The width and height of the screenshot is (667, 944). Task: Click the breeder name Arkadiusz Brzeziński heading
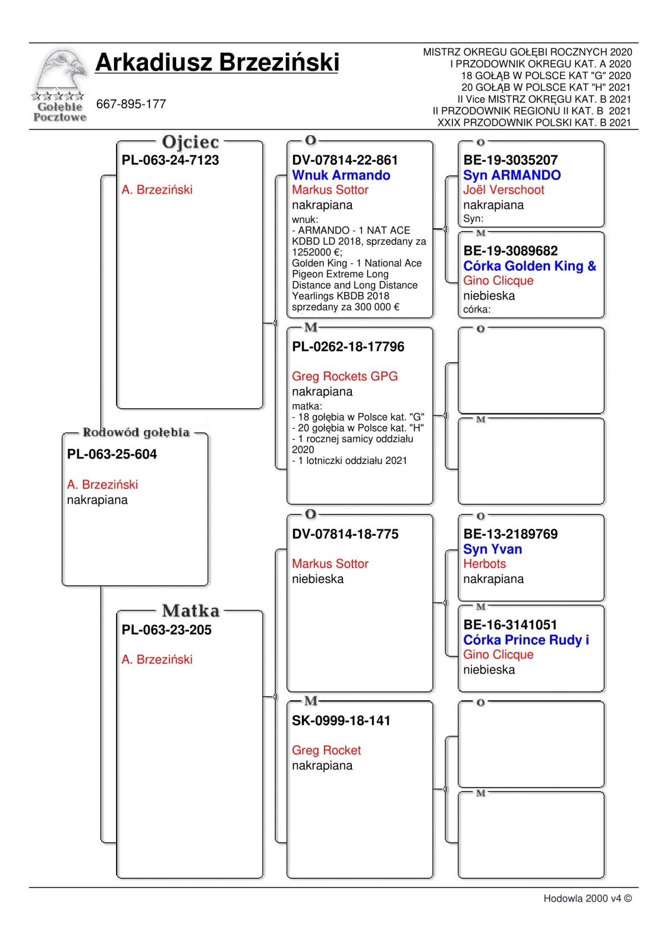click(x=217, y=62)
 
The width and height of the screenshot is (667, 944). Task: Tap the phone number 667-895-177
click(x=131, y=104)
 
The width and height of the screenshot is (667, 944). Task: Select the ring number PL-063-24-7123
click(x=170, y=160)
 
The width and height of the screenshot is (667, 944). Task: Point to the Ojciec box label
click(x=190, y=142)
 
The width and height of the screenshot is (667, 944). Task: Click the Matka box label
click(x=191, y=611)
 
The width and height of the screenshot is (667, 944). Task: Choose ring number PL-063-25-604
click(x=112, y=454)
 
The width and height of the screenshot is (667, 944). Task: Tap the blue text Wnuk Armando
click(x=341, y=175)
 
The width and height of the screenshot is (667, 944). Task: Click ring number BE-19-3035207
click(x=510, y=160)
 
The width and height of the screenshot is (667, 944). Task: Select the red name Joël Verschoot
click(x=504, y=190)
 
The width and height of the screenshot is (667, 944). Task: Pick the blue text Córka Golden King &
click(x=529, y=266)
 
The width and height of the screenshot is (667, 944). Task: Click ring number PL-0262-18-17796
click(x=348, y=347)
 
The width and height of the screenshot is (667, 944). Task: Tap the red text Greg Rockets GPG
click(x=345, y=377)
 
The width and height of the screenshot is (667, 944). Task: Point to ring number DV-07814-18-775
click(x=345, y=534)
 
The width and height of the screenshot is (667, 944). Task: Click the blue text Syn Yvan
click(x=492, y=549)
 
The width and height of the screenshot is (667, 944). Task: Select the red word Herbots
click(x=484, y=564)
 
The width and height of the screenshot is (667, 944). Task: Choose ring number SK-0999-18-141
click(x=341, y=721)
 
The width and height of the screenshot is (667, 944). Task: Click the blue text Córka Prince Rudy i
click(x=526, y=640)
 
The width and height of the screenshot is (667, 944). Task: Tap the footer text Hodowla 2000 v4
click(x=587, y=898)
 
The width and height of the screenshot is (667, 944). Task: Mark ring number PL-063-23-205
click(x=166, y=630)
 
